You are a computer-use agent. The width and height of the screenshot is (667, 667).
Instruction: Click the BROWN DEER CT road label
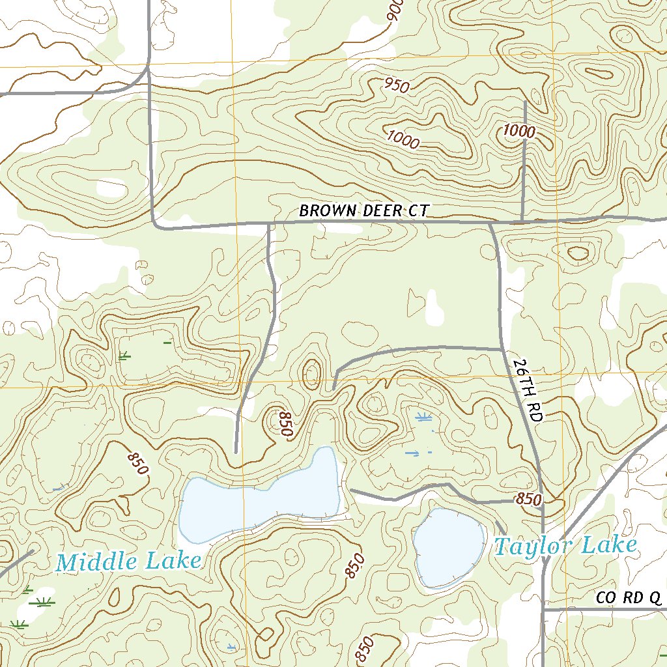pyautogui.click(x=363, y=211)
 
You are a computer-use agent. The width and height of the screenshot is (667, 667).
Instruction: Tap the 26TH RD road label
pyautogui.click(x=527, y=390)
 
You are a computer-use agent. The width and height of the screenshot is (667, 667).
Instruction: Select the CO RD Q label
pyautogui.click(x=629, y=598)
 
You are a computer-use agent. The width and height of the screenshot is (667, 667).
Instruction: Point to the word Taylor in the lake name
pyautogui.click(x=529, y=546)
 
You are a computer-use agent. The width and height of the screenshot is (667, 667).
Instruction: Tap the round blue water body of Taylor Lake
pyautogui.click(x=447, y=546)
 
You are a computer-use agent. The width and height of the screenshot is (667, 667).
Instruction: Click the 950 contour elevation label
pyautogui.click(x=396, y=85)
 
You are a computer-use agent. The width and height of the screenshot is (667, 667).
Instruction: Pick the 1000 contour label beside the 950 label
pyautogui.click(x=403, y=137)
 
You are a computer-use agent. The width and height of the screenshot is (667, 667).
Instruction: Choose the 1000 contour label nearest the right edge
pyautogui.click(x=519, y=132)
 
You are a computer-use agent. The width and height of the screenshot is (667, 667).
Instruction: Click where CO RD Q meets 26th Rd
pyautogui.click(x=543, y=610)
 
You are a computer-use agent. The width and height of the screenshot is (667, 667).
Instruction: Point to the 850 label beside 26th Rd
pyautogui.click(x=528, y=500)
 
